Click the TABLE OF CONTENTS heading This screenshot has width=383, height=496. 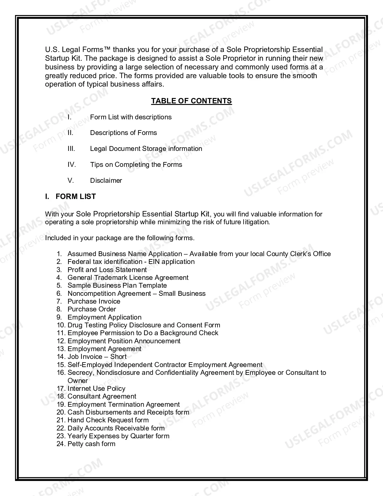(x=191, y=101)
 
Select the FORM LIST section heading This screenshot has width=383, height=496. (x=75, y=197)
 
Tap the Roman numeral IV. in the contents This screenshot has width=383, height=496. (x=71, y=165)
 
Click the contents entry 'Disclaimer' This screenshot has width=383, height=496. (x=106, y=181)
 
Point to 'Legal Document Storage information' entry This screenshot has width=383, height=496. (x=146, y=149)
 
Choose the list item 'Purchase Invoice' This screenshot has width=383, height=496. (x=94, y=302)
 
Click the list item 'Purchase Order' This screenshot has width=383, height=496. (x=92, y=309)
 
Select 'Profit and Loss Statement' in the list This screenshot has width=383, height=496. (x=107, y=270)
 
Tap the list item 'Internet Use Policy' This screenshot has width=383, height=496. (x=96, y=389)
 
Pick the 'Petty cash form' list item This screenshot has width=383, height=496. (x=91, y=444)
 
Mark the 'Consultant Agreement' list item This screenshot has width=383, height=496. (x=102, y=396)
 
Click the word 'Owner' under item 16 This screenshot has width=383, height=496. (x=78, y=381)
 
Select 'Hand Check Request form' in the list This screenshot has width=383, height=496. (x=108, y=420)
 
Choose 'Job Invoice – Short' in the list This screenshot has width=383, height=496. (x=97, y=357)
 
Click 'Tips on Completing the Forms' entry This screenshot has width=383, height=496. (x=136, y=165)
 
